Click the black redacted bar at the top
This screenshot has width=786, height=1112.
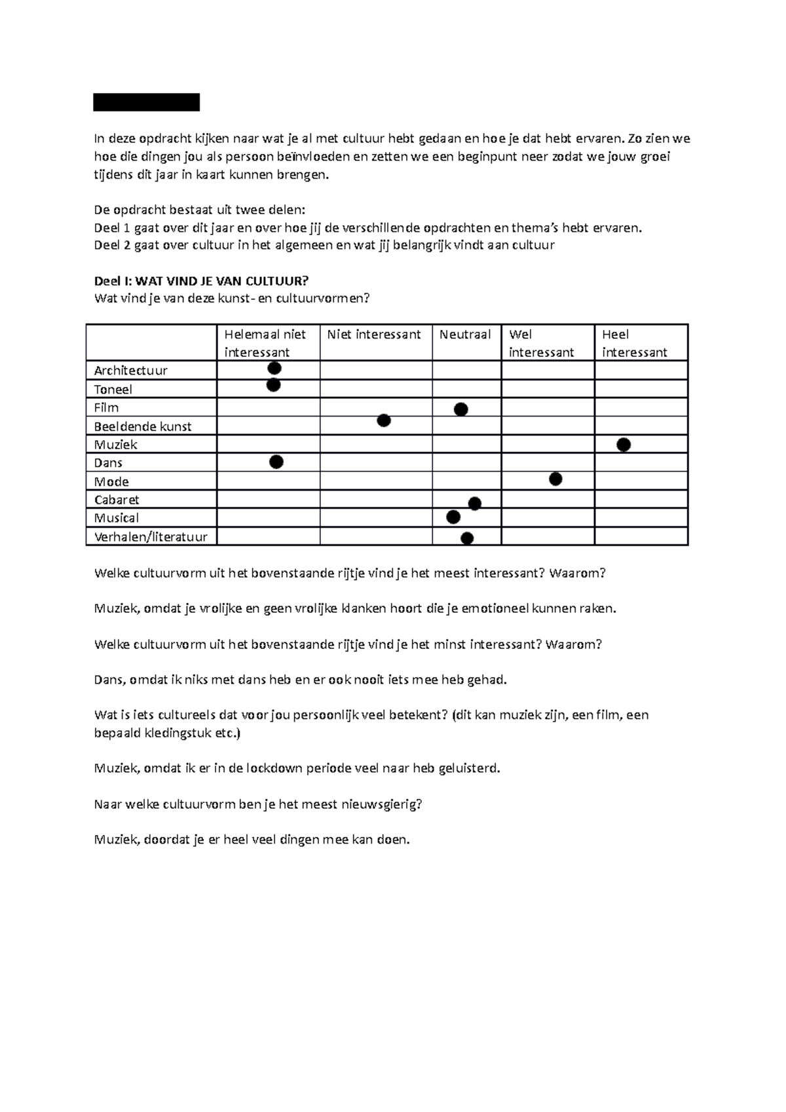tap(146, 103)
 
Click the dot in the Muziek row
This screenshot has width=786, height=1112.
tap(624, 445)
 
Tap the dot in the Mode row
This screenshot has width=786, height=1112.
tap(555, 479)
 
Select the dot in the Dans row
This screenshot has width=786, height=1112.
tap(276, 462)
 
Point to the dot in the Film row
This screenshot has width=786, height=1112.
tap(461, 409)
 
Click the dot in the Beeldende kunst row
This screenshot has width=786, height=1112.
tap(384, 420)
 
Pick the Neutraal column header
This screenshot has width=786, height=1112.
tap(465, 335)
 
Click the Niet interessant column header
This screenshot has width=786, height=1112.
tap(374, 335)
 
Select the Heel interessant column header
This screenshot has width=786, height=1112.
tap(634, 343)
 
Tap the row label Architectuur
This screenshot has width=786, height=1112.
tap(131, 371)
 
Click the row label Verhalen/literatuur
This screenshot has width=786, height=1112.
tap(151, 537)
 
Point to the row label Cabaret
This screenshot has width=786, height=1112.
tap(117, 500)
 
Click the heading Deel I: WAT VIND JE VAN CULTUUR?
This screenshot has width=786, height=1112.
tap(201, 281)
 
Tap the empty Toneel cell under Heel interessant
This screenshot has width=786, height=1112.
tap(641, 389)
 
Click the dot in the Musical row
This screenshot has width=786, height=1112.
tap(453, 517)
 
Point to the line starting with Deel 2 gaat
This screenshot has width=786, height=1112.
tap(324, 246)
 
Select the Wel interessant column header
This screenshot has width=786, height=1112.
tap(541, 343)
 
